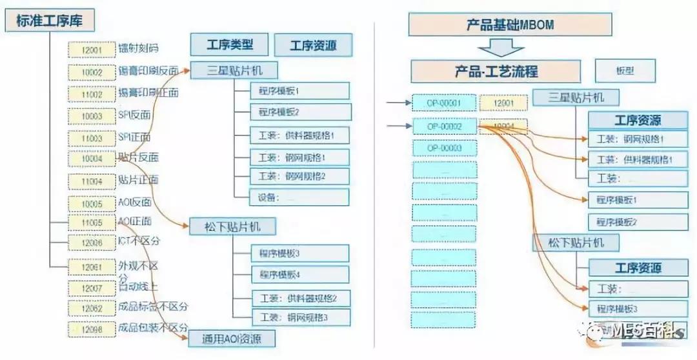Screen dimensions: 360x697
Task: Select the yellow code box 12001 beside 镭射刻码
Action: coord(92,49)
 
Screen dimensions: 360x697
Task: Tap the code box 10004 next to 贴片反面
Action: coord(92,159)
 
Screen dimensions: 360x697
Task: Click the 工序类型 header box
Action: coord(229,45)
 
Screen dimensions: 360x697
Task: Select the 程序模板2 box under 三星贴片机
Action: coord(301,112)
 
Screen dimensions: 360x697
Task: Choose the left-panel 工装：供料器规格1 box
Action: coord(301,136)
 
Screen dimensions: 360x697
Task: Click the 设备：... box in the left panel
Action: coord(301,197)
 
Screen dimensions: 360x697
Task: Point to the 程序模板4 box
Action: coord(301,275)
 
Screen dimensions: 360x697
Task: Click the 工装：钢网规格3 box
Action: coord(301,317)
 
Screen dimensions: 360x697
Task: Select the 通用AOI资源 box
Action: coord(232,338)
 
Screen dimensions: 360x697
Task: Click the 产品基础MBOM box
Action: coord(510,25)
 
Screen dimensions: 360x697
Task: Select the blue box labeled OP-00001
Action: coord(444,103)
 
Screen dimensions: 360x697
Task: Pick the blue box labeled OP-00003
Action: coord(444,148)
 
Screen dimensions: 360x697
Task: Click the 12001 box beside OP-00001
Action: coord(503,103)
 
